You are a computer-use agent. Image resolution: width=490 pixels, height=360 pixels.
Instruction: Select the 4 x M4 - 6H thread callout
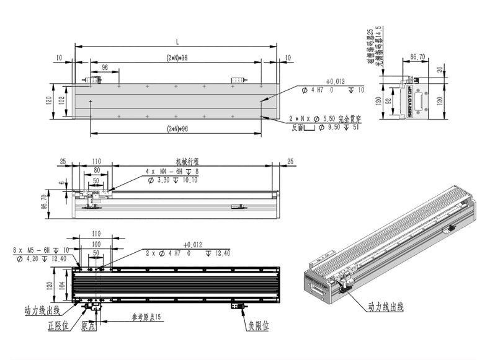pos(163,171)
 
